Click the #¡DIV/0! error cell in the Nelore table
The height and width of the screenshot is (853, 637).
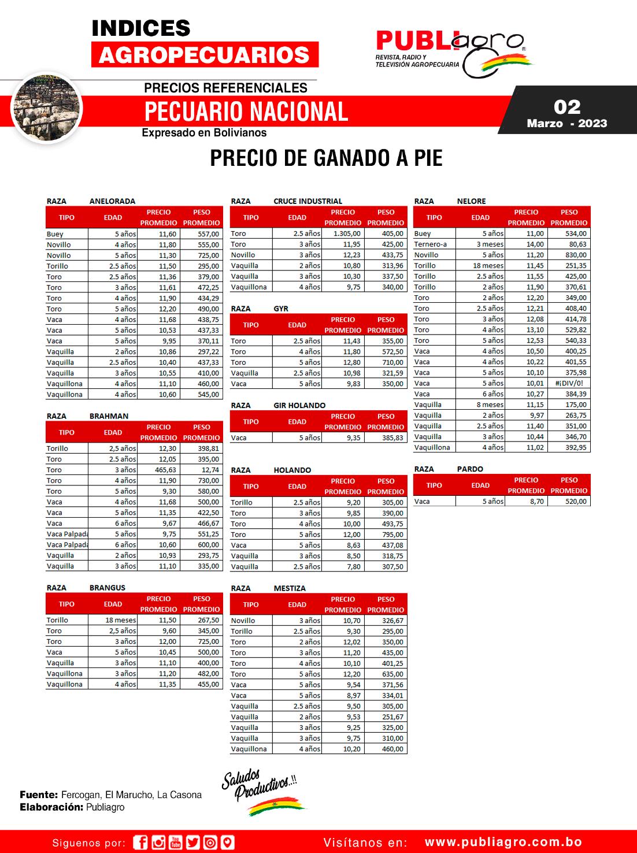(570, 383)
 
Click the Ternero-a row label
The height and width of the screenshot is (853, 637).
(430, 244)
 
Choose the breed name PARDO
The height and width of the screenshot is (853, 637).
(469, 469)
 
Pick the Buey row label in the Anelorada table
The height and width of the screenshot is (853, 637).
(55, 234)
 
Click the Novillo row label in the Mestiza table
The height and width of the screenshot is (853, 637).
(243, 620)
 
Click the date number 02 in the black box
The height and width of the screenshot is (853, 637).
(566, 107)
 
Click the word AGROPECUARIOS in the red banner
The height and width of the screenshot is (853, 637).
(205, 55)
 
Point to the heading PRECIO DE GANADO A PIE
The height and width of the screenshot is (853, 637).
(326, 158)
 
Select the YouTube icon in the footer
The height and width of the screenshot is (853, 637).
(176, 843)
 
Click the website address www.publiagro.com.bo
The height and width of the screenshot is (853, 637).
(503, 842)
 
